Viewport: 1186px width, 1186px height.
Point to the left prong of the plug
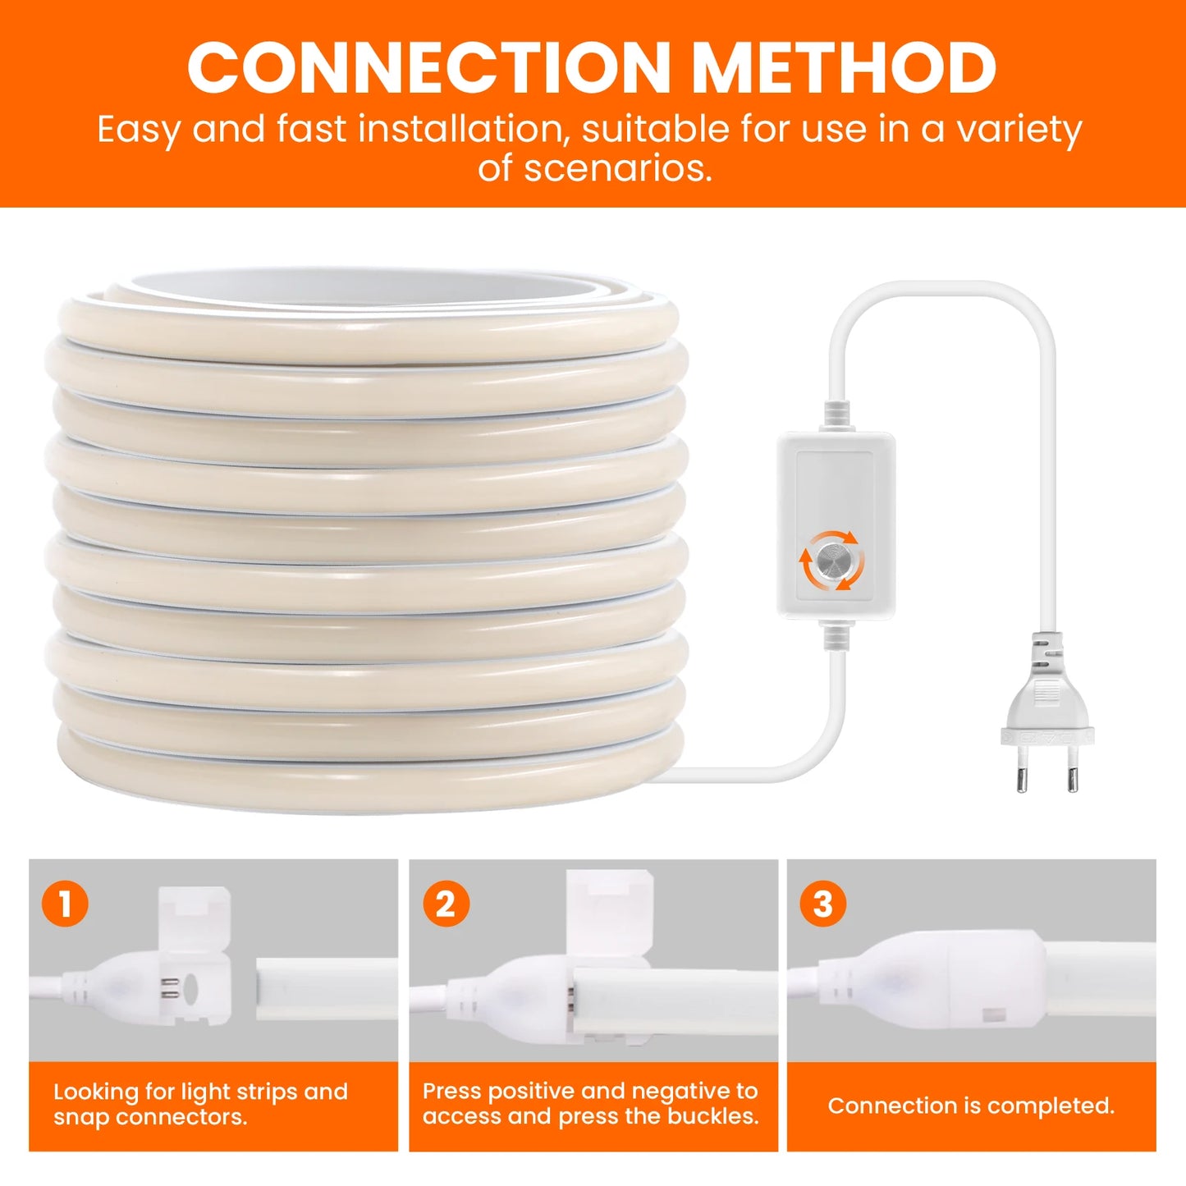(1022, 772)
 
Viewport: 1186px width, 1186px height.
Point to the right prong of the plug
(1072, 772)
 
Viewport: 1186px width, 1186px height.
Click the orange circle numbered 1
(65, 904)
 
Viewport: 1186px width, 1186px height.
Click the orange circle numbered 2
(446, 904)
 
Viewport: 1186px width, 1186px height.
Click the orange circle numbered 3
(822, 904)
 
